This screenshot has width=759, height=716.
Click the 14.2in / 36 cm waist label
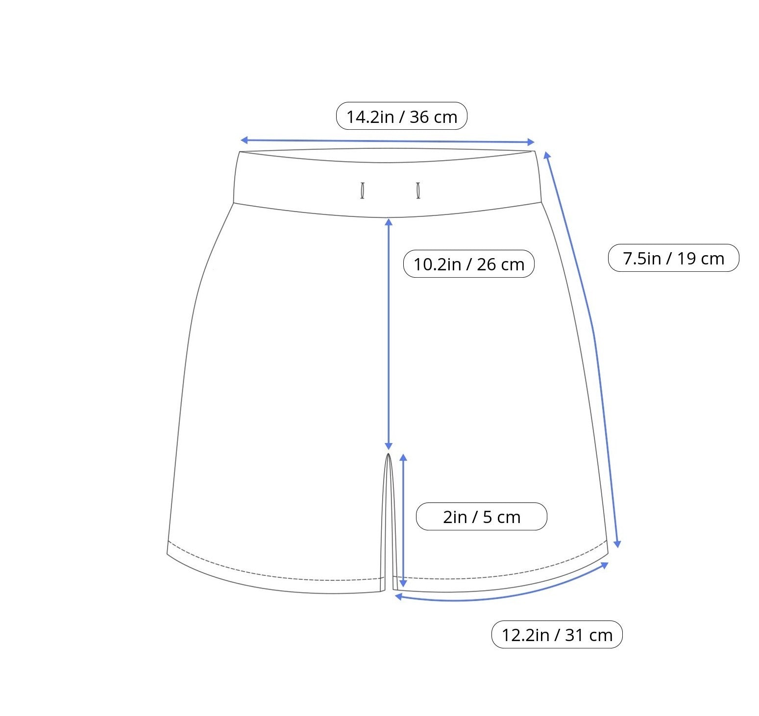click(x=401, y=116)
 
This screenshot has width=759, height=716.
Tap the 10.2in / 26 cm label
click(x=468, y=264)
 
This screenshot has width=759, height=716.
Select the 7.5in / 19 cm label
click(x=673, y=258)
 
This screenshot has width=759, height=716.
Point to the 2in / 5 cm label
click(x=481, y=516)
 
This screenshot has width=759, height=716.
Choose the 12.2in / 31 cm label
click(x=557, y=635)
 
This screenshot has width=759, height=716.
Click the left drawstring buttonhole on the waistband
click(x=362, y=191)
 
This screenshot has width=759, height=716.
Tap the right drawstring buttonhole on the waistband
click(x=418, y=191)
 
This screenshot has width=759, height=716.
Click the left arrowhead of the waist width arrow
click(x=244, y=141)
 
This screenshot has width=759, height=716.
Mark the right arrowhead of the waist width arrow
click(x=531, y=142)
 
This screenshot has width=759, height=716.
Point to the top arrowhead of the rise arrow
click(x=389, y=222)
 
